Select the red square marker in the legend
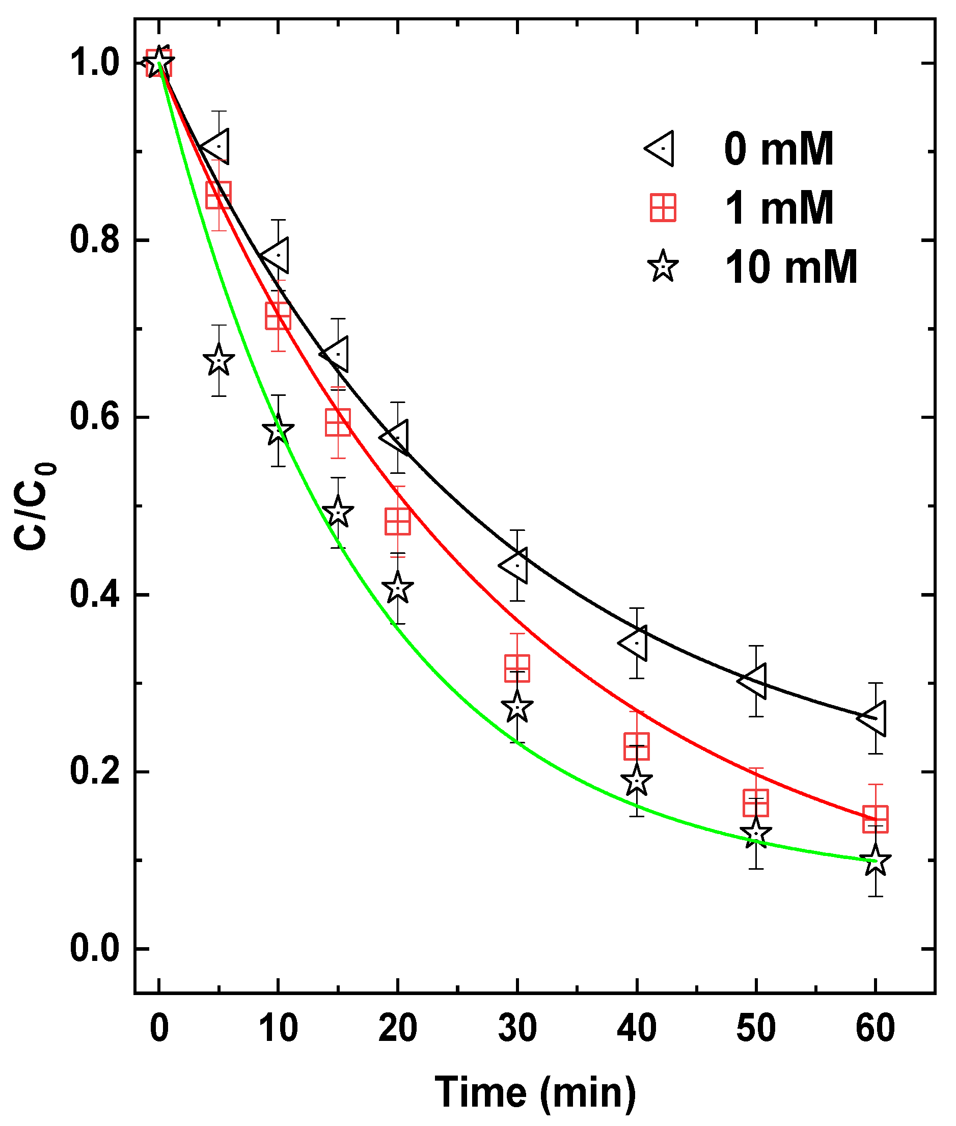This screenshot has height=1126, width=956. click(663, 208)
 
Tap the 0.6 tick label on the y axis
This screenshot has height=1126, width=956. click(94, 417)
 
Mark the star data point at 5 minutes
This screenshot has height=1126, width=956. click(218, 361)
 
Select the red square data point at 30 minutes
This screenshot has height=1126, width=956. click(517, 668)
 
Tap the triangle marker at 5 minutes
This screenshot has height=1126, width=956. click(217, 147)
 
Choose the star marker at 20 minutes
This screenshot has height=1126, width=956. click(398, 587)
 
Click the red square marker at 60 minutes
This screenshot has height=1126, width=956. click(875, 819)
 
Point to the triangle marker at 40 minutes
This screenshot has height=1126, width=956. click(635, 643)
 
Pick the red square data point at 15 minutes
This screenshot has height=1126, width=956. click(338, 422)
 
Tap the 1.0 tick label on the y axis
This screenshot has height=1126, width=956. click(94, 63)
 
